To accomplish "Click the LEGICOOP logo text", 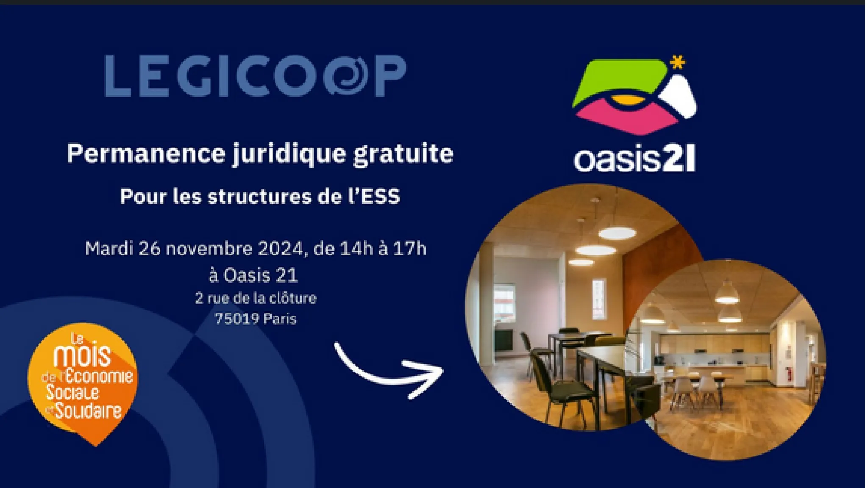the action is tap(256, 75).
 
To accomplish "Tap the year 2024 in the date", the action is tap(282, 249).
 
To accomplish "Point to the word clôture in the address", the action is tap(293, 298).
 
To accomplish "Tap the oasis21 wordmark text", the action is tap(634, 159).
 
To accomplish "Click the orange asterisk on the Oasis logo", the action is tap(678, 62).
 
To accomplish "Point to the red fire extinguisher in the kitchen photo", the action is tap(789, 374).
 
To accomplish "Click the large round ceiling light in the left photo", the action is tap(617, 233).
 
